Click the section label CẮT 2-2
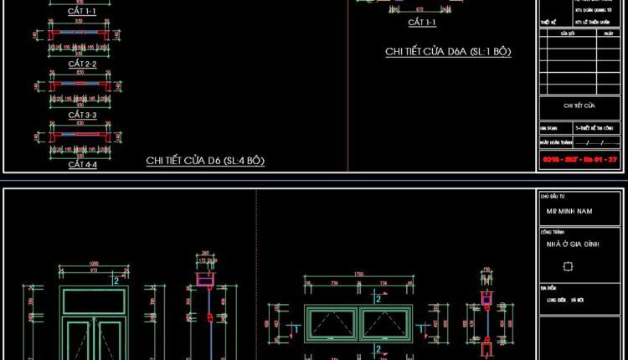click(82, 64)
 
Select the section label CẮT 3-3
click(82, 114)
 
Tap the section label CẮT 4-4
click(82, 165)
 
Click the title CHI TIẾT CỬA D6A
click(448, 52)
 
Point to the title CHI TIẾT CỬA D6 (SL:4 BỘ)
click(205, 160)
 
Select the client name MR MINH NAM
click(569, 212)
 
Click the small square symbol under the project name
click(569, 266)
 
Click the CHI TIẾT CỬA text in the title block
click(579, 105)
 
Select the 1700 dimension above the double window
click(358, 274)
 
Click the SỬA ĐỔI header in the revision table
click(567, 33)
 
